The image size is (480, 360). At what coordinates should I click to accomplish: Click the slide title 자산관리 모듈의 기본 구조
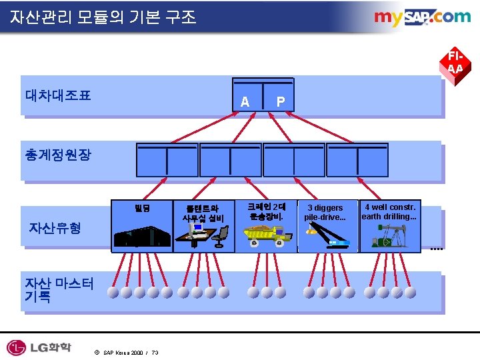click(x=103, y=17)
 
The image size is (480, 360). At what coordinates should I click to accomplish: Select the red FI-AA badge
click(x=455, y=62)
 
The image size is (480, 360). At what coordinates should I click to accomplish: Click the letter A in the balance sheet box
click(x=245, y=102)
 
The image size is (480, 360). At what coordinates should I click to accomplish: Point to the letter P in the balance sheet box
click(x=281, y=102)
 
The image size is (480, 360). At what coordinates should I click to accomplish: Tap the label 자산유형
click(x=55, y=227)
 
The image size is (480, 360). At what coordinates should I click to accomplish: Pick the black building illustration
click(x=141, y=236)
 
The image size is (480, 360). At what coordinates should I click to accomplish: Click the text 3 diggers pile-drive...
click(x=325, y=212)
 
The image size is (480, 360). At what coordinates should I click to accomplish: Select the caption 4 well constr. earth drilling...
click(x=389, y=211)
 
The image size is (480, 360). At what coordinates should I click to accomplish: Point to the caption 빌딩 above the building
click(x=142, y=208)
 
